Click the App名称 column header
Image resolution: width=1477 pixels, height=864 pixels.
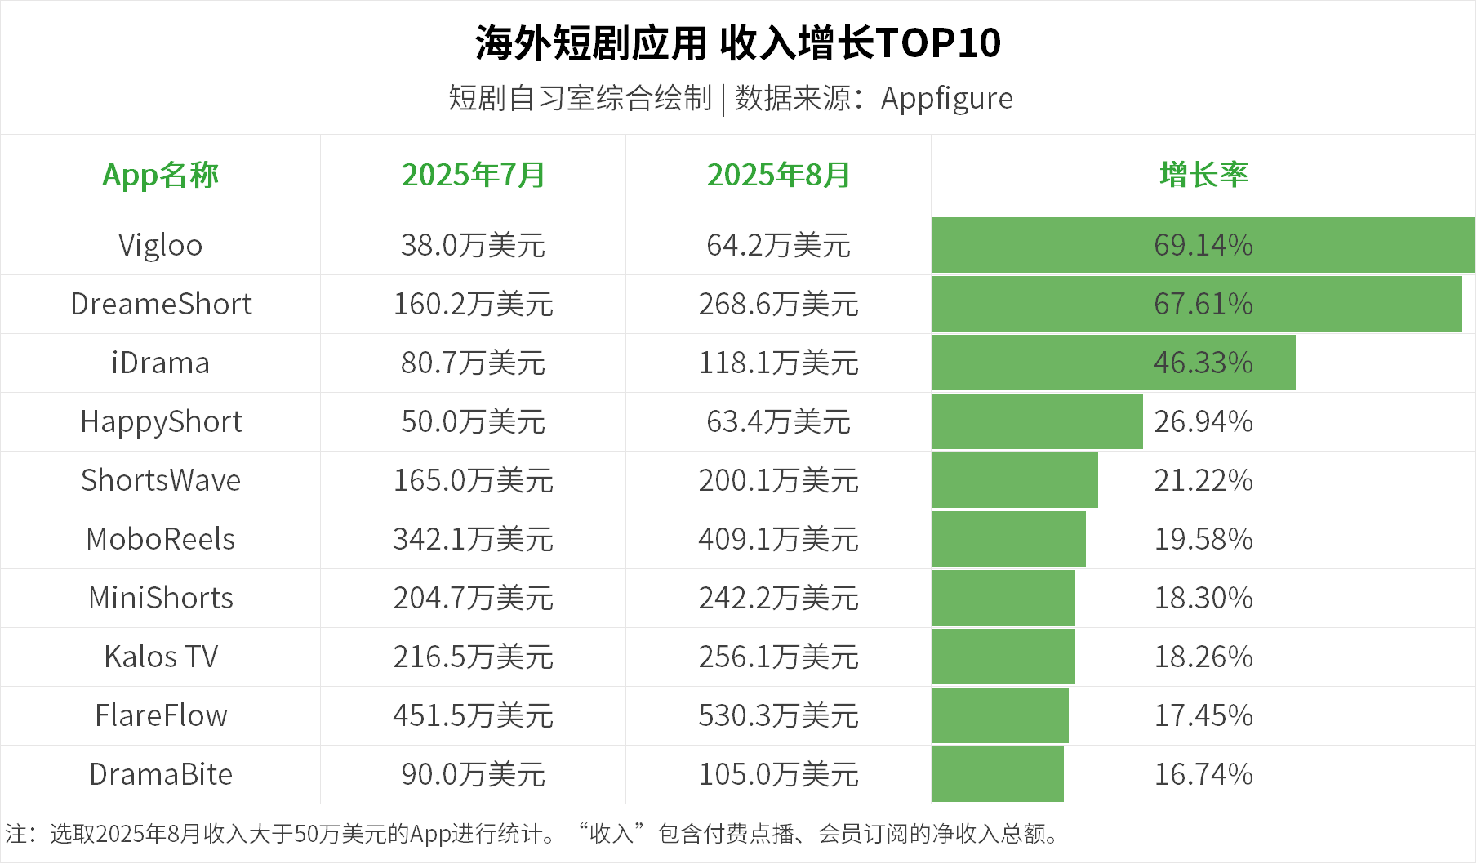pyautogui.click(x=160, y=176)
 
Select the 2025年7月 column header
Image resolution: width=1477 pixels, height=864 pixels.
pyautogui.click(x=473, y=176)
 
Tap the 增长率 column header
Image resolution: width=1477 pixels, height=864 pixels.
pyautogui.click(x=1203, y=176)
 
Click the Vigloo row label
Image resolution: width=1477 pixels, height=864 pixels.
pyautogui.click(x=160, y=245)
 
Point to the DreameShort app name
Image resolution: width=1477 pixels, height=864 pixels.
pyautogui.click(x=161, y=304)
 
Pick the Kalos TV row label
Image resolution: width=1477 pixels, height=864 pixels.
pyautogui.click(x=161, y=657)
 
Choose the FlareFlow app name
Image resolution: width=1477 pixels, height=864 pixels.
pyautogui.click(x=161, y=715)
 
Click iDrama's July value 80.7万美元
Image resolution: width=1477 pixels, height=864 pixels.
pyautogui.click(x=473, y=363)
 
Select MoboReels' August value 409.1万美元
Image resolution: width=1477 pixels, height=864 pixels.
pyautogui.click(x=778, y=539)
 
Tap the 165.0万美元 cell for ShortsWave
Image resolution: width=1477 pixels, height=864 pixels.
pyautogui.click(x=473, y=480)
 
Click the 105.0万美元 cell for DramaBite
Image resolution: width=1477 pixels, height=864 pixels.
pyautogui.click(x=778, y=774)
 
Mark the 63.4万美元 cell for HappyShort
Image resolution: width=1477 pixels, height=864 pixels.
pyautogui.click(x=778, y=421)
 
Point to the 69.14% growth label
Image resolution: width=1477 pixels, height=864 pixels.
pyautogui.click(x=1203, y=245)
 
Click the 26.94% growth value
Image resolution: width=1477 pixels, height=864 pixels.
pyautogui.click(x=1203, y=421)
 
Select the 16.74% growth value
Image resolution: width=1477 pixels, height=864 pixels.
pyautogui.click(x=1203, y=774)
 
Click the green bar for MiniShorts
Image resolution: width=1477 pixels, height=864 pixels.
pyautogui.click(x=1003, y=598)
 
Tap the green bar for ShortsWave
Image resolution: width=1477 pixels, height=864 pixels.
pyautogui.click(x=1015, y=480)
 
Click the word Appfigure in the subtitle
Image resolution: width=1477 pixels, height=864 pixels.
pyautogui.click(x=946, y=99)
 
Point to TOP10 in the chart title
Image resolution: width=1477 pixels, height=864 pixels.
pyautogui.click(x=938, y=43)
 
